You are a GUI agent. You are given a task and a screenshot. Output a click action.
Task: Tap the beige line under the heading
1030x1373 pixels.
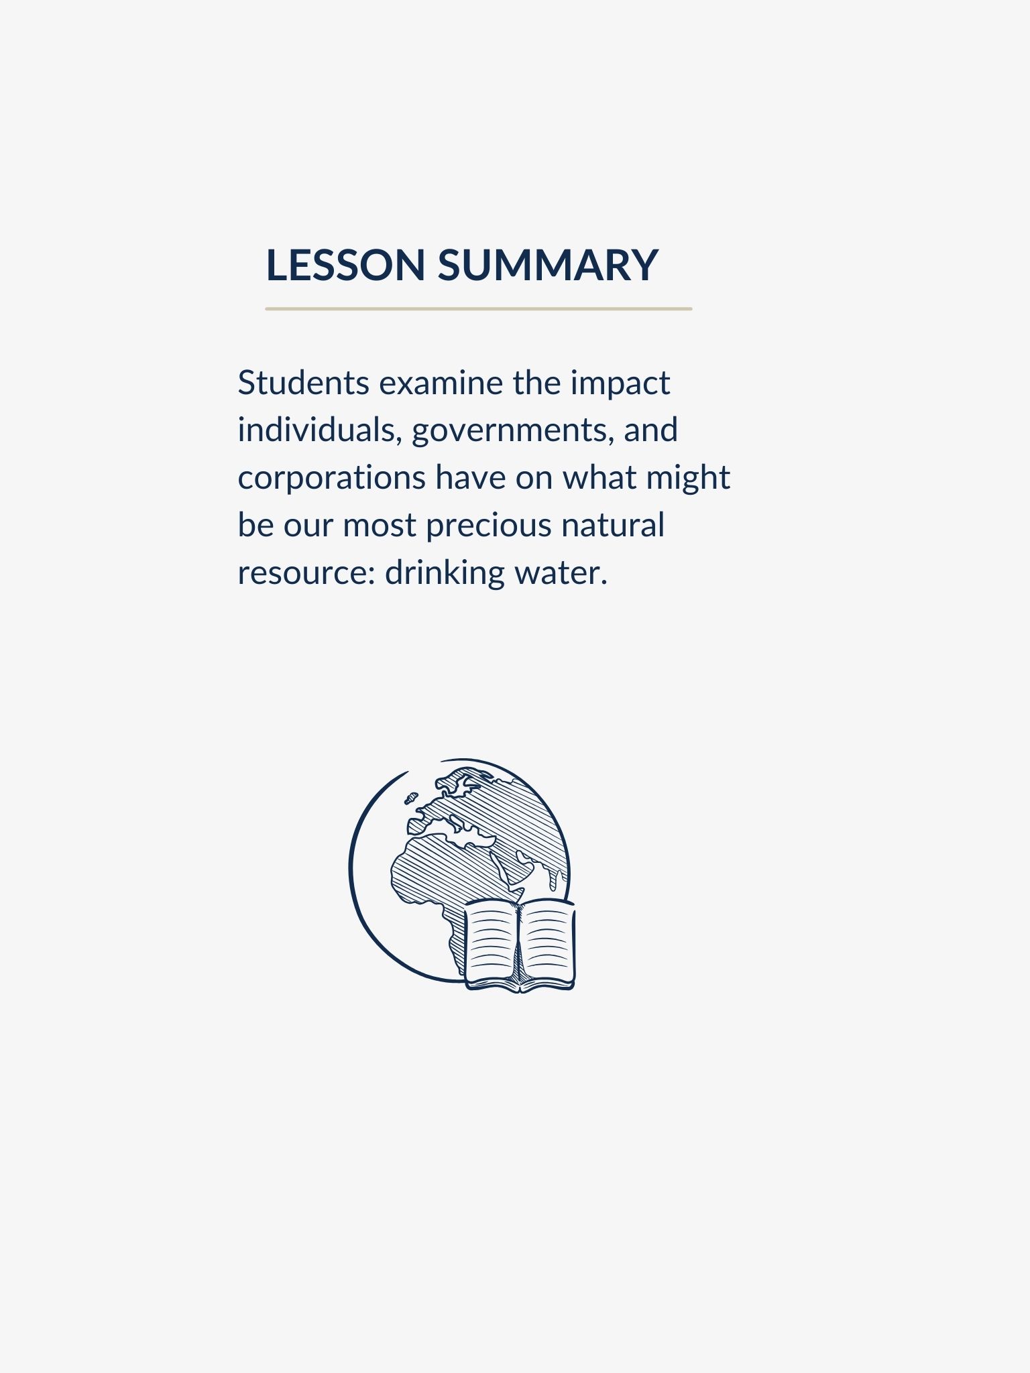pyautogui.click(x=478, y=309)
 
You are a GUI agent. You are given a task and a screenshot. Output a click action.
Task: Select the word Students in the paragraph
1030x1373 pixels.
pyautogui.click(x=303, y=383)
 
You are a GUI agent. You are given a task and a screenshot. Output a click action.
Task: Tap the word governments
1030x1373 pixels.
pyautogui.click(x=512, y=431)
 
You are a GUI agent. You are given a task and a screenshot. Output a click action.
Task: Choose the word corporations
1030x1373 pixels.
pyautogui.click(x=331, y=478)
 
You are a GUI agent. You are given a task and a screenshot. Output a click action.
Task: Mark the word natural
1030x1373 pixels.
pyautogui.click(x=613, y=525)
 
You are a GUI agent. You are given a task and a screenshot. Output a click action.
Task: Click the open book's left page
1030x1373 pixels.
pyautogui.click(x=491, y=945)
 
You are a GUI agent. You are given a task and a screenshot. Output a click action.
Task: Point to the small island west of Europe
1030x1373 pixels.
pyautogui.click(x=410, y=798)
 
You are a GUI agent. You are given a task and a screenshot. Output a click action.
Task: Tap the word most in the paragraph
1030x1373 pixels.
pyautogui.click(x=380, y=526)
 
